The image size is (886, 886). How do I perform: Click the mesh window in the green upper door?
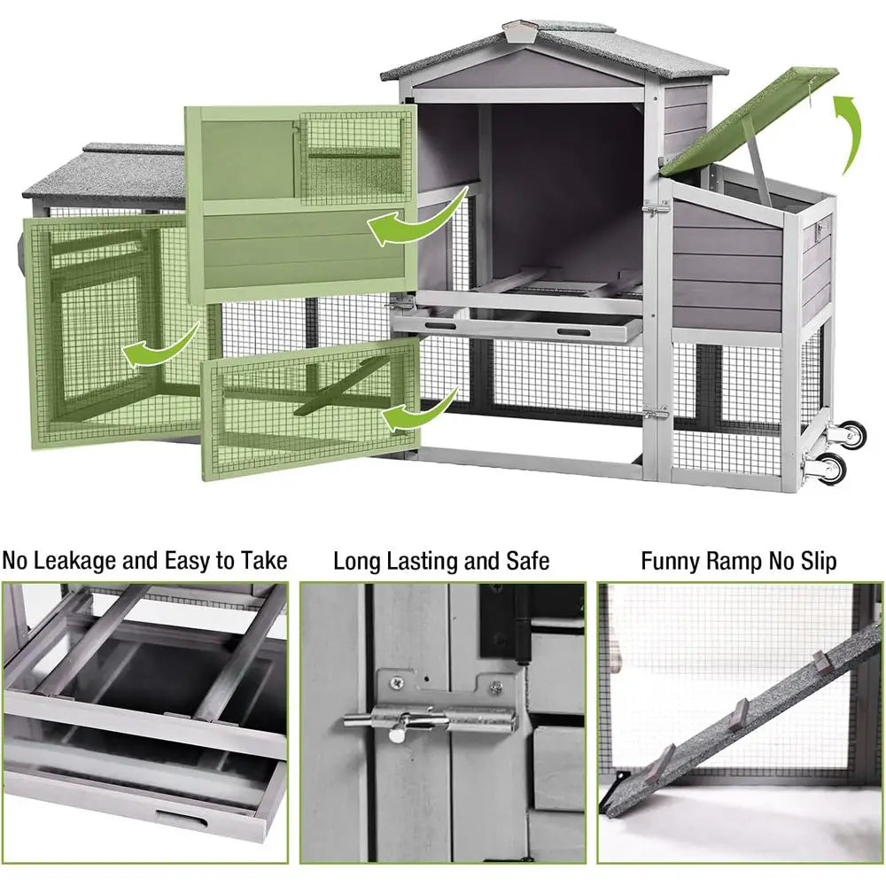(x=354, y=155)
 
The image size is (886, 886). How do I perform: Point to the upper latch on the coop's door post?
(x=656, y=210)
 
